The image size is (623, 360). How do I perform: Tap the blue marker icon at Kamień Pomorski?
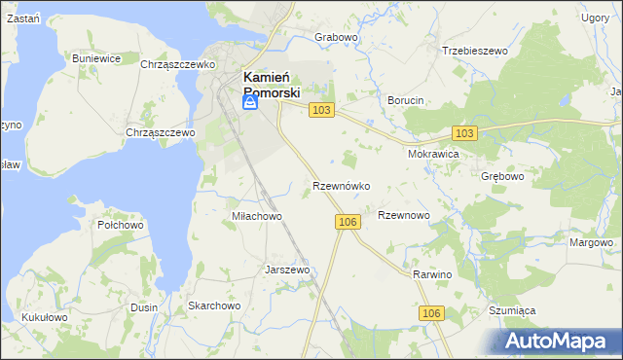tap(249, 102)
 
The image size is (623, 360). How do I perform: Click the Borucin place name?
tap(406, 101)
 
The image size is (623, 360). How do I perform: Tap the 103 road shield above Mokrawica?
tap(464, 132)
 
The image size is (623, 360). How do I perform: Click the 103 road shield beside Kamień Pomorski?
tap(322, 111)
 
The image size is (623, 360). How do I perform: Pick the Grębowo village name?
tap(502, 178)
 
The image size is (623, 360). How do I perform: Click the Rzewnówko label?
tap(341, 185)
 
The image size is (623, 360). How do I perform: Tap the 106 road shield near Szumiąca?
tap(433, 312)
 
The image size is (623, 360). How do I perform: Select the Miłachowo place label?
tap(256, 216)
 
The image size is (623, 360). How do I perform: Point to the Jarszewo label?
tap(287, 270)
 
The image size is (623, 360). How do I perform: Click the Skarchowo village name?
tap(214, 306)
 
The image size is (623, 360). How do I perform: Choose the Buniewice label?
tap(96, 58)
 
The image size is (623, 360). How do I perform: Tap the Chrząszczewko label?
tap(177, 64)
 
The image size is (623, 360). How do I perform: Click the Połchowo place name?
tap(121, 225)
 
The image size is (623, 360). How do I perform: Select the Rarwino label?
tap(433, 275)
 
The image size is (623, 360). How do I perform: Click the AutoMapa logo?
tap(558, 342)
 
